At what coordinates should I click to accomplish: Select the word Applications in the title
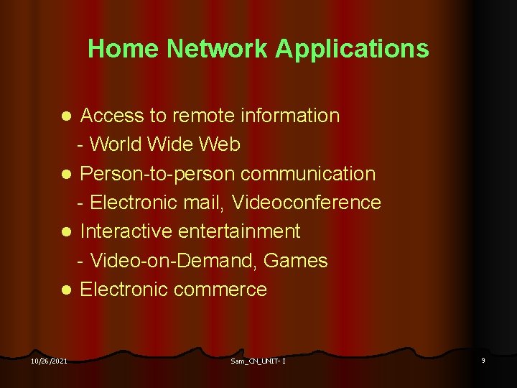[x=352, y=49]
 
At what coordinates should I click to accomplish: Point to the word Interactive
[x=126, y=231]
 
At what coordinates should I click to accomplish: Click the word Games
[x=296, y=261]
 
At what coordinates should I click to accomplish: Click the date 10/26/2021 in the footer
[x=50, y=361]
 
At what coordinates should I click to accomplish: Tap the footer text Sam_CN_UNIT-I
[x=258, y=361]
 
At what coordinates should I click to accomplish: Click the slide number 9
[x=483, y=360]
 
